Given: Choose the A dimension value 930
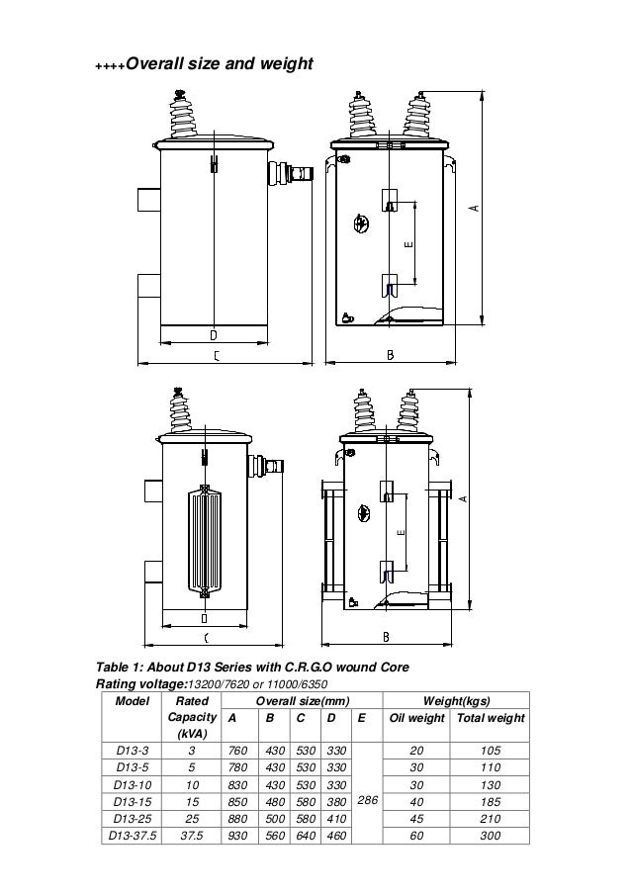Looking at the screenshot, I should (237, 836).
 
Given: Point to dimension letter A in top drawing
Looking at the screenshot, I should (473, 209).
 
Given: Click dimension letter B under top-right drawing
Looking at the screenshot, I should (390, 356).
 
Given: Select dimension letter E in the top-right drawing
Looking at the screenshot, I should (407, 241).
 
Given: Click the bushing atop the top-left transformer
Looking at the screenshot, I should (182, 118).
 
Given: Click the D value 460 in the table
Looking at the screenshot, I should (335, 836).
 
